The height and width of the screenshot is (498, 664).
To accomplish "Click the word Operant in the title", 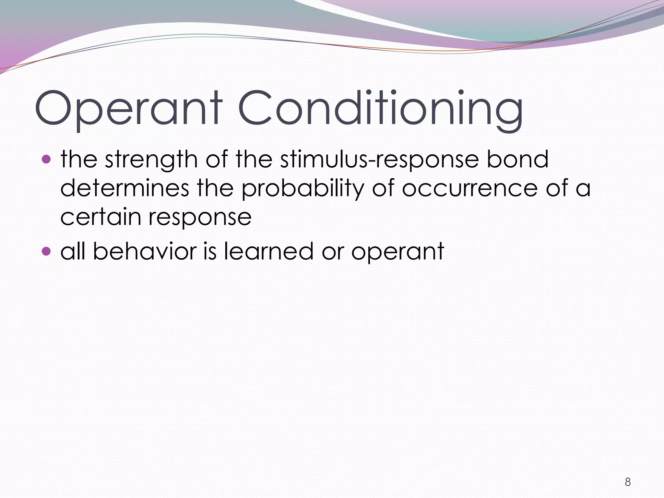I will pos(128,108).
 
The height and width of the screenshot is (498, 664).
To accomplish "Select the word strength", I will pos(151,160).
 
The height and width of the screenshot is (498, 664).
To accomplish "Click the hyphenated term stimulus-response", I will pos(379,160).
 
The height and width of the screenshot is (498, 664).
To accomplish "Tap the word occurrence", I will pos(470,189).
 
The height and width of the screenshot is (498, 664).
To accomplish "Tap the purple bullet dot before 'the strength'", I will pos(47,160).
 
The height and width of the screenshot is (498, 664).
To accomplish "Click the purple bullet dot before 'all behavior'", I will pos(47,251).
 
